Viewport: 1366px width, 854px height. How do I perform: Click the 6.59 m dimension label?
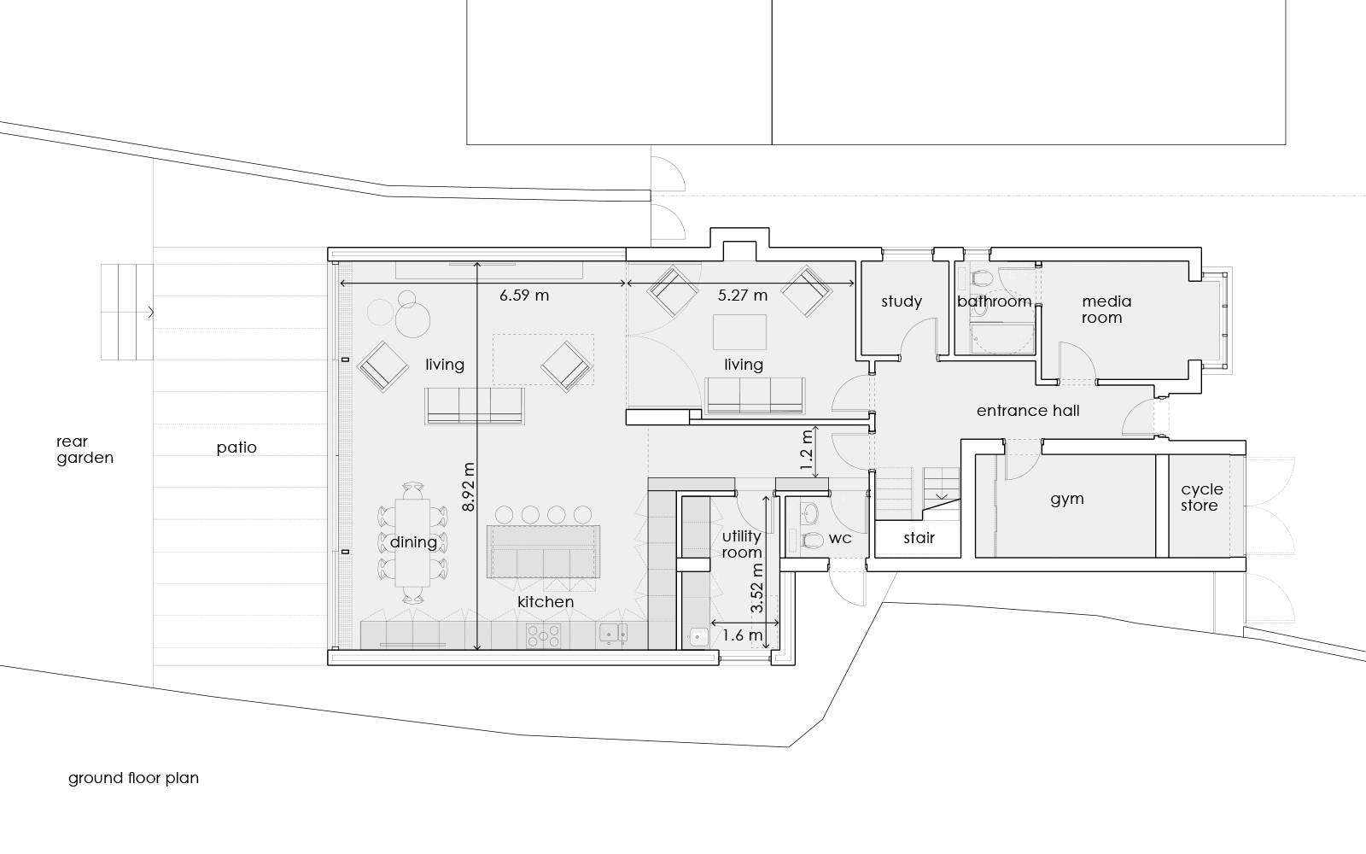524,295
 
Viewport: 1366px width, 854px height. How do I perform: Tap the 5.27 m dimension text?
742,295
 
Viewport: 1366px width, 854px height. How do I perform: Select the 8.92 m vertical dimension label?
469,487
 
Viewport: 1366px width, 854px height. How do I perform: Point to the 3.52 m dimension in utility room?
756,588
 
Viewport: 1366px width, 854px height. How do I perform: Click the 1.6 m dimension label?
742,635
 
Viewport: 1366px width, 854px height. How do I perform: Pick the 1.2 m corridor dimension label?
806,453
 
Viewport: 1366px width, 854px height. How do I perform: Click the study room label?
902,301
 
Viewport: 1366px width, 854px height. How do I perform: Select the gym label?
1067,499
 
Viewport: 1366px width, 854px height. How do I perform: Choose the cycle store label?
1202,497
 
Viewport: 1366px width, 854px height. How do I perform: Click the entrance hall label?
1028,411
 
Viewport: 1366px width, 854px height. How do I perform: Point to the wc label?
840,538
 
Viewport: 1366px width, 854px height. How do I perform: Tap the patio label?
236,447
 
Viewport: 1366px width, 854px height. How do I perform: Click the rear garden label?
85,449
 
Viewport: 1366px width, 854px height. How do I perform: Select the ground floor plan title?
133,778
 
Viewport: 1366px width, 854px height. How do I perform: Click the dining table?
413,543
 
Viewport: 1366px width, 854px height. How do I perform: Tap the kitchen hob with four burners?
543,635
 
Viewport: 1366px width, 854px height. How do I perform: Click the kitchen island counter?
543,552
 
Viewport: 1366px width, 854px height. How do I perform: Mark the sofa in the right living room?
755,396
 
